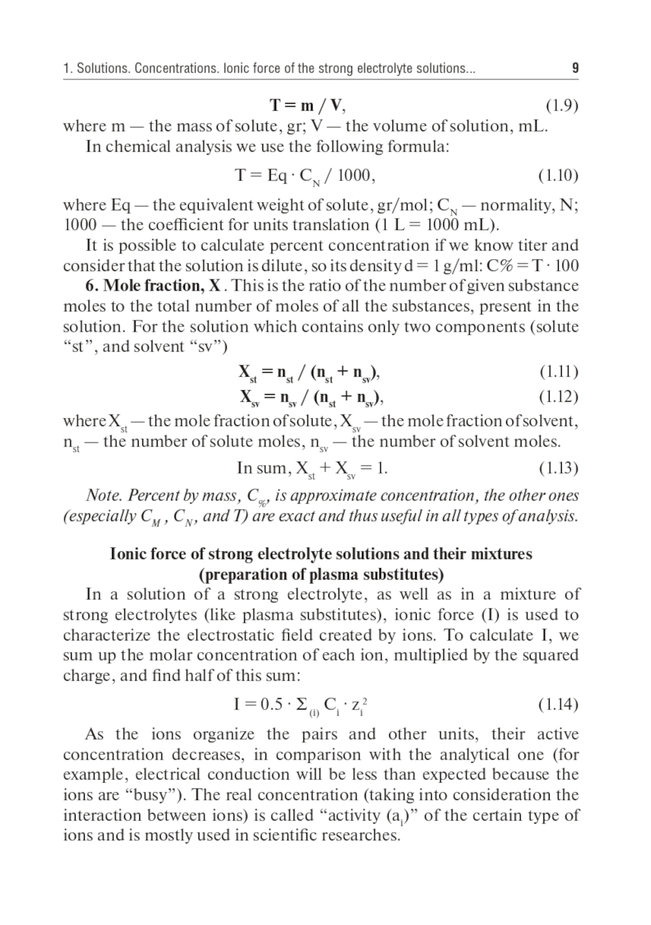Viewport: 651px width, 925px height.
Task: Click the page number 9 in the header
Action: (575, 68)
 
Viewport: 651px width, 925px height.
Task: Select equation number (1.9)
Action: (561, 105)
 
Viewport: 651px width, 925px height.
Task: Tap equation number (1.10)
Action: (558, 175)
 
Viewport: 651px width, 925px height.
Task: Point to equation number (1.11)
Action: (559, 372)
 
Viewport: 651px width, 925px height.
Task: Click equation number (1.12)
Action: (558, 396)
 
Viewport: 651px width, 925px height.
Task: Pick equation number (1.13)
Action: (558, 468)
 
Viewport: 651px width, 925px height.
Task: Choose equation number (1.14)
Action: (558, 704)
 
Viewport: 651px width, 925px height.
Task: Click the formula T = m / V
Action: (307, 105)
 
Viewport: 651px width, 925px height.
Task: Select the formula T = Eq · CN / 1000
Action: (305, 176)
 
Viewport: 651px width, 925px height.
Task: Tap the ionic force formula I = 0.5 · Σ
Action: (304, 705)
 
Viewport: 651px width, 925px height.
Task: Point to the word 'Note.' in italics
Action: (104, 496)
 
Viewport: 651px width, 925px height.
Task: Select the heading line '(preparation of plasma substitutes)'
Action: (321, 575)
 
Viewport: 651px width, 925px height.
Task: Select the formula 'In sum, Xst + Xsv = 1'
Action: (312, 468)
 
